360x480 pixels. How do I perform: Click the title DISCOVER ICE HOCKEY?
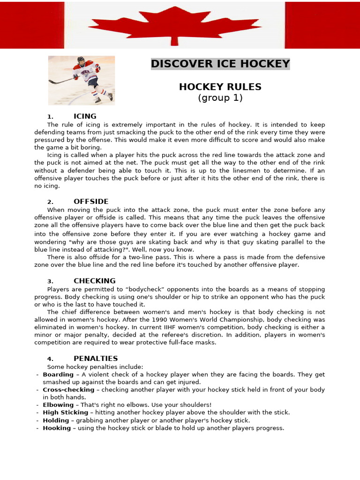(x=220, y=64)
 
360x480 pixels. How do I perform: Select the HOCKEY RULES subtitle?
(x=220, y=87)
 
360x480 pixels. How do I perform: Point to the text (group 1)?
(x=220, y=98)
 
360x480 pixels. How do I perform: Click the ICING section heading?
(x=85, y=116)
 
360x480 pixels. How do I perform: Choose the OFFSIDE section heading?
(x=91, y=202)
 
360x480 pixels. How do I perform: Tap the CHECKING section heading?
(x=94, y=281)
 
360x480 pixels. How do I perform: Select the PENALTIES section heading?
(x=96, y=359)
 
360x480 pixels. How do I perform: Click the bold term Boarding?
(x=58, y=375)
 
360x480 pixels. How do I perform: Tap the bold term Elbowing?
(x=58, y=405)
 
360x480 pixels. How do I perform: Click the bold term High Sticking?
(x=65, y=412)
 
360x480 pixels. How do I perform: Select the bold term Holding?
(x=56, y=420)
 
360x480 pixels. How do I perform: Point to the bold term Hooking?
(x=57, y=428)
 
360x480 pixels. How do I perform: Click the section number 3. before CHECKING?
(x=50, y=281)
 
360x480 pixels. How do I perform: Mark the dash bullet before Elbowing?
(x=37, y=405)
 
